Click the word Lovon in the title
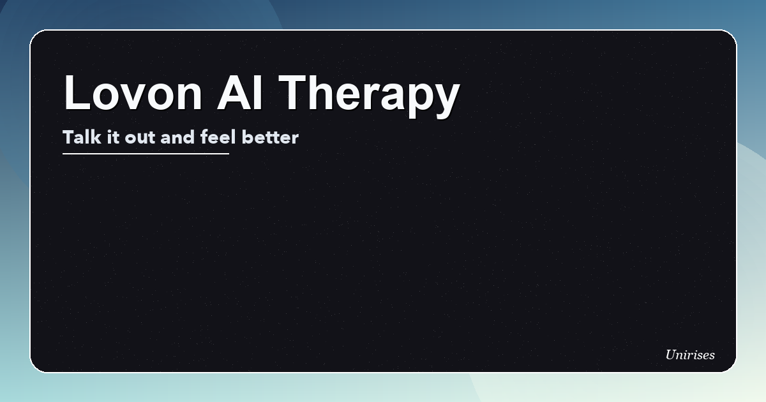pos(133,93)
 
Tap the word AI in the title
pos(240,93)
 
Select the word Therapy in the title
pos(369,96)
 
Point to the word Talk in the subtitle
pos(82,137)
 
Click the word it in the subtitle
pos(112,137)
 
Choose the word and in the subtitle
pos(177,137)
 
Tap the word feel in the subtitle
pos(218,137)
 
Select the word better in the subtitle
pos(270,137)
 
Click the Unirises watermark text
pos(690,355)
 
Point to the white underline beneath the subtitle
pos(146,154)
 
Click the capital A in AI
pos(234,93)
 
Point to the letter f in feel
pos(204,137)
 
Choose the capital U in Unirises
pos(671,355)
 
